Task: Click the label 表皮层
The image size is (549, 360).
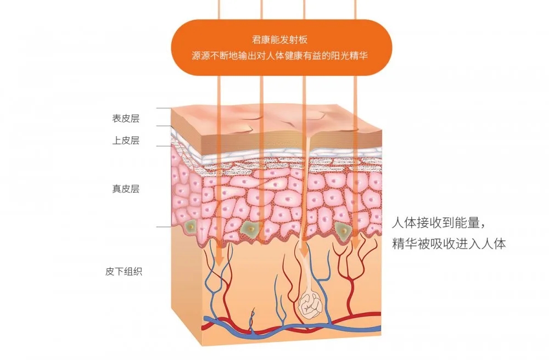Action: pos(126,119)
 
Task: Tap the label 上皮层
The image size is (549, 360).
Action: pos(126,140)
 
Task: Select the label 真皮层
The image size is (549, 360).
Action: pos(126,189)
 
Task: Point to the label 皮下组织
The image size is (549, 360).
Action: pos(124,272)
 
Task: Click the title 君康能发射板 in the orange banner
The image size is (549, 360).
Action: pos(279,40)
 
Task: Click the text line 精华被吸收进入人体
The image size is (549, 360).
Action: pos(449,244)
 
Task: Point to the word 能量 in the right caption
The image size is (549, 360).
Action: pos(467,223)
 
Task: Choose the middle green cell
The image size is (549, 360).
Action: pos(251,228)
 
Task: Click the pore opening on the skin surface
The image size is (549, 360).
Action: pos(309,134)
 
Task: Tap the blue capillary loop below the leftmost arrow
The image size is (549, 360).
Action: pos(214,280)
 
